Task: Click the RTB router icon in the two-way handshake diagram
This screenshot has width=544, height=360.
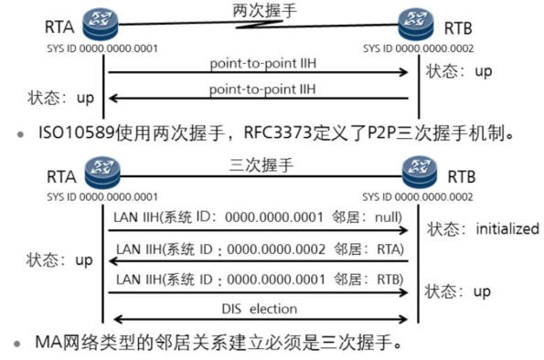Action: (x=413, y=23)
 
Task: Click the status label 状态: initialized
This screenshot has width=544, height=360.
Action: (x=483, y=228)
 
